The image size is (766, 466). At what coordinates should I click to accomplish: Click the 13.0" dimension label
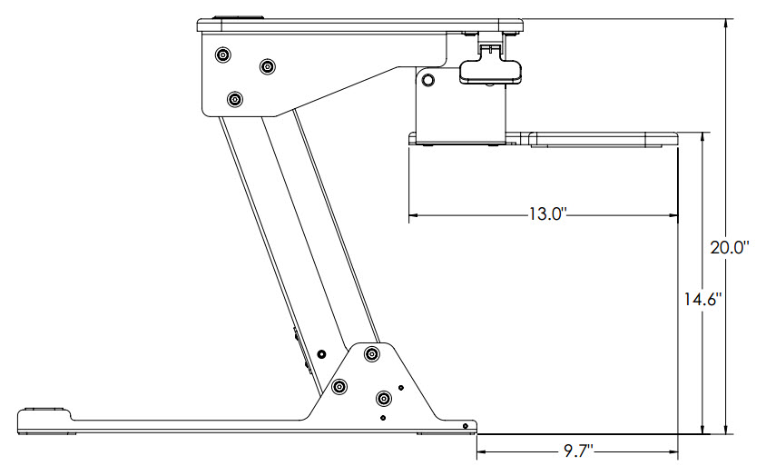[x=548, y=215]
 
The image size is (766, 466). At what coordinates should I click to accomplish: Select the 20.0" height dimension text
[x=729, y=247]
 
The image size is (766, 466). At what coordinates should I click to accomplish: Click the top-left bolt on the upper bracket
[x=221, y=55]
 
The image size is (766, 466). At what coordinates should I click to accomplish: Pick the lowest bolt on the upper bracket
[x=236, y=99]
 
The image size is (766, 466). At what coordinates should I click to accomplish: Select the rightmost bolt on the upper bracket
[x=268, y=67]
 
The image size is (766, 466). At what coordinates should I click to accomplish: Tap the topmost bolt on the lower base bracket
[x=371, y=353]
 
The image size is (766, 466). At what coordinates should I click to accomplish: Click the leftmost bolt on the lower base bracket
[x=339, y=388]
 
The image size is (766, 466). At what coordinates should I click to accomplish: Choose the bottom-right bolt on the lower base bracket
[x=384, y=398]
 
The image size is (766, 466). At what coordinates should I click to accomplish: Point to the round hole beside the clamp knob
[x=428, y=81]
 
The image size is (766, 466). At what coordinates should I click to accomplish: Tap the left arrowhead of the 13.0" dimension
[x=413, y=215]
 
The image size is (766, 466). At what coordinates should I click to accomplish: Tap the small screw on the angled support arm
[x=321, y=353]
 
